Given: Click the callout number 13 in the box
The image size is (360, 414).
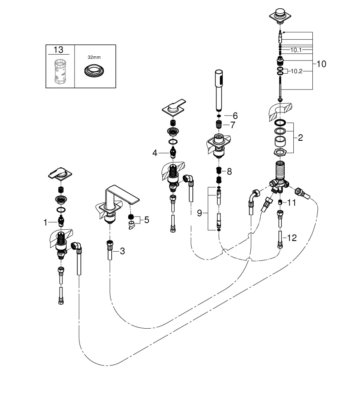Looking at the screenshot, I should tap(59, 50).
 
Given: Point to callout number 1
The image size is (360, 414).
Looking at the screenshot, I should tap(46, 223).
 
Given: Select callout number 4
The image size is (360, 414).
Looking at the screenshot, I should tap(155, 153).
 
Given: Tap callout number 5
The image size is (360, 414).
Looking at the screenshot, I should tap(146, 219).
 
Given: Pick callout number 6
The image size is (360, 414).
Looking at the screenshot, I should tap(235, 116).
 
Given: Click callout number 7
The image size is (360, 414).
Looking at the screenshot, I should tap(233, 125).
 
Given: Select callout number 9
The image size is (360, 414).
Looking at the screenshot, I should tap(199, 213).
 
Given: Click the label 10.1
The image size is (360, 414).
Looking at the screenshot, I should tap(296, 50).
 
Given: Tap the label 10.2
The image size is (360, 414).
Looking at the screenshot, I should tap(296, 71).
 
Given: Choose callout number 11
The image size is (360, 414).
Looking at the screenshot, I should tap(292, 202).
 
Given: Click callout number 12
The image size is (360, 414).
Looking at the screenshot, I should tap(292, 238).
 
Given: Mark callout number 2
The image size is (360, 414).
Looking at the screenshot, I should tap(300, 138).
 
